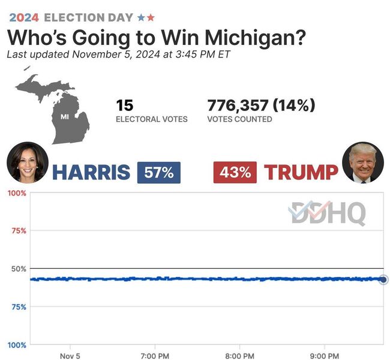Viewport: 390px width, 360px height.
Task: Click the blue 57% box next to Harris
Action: tap(159, 173)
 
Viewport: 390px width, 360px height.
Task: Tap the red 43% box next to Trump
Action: tap(235, 173)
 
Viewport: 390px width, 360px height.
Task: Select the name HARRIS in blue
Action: tap(91, 173)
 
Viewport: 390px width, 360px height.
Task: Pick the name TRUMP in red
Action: tap(301, 173)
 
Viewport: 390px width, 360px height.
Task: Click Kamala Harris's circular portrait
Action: tap(27, 162)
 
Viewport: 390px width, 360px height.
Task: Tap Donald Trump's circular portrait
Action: tap(362, 162)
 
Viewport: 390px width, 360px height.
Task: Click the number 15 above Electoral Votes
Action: tap(124, 106)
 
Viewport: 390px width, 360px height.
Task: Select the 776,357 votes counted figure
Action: tap(238, 106)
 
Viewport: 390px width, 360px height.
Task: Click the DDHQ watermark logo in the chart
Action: tap(327, 213)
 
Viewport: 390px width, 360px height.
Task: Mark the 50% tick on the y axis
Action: tap(18, 268)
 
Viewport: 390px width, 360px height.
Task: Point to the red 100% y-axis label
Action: tap(16, 193)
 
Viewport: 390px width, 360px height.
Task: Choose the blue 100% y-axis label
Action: tap(16, 345)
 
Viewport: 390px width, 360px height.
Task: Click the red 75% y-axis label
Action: tap(18, 230)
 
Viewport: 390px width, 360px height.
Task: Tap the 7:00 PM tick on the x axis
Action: tap(155, 355)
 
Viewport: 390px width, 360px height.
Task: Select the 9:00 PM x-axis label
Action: tap(325, 355)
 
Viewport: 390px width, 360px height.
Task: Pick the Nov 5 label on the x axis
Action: tap(70, 355)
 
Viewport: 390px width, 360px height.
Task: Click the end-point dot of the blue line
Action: tap(383, 279)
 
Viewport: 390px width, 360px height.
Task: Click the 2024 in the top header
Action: tap(24, 17)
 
